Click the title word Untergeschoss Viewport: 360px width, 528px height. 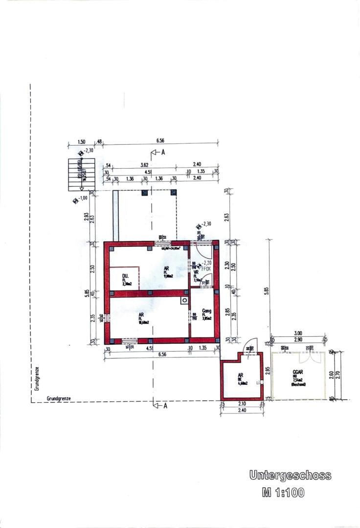(x=290, y=475)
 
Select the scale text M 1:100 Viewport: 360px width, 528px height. (x=283, y=493)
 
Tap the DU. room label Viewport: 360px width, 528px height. (x=125, y=277)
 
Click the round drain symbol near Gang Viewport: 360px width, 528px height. (x=184, y=301)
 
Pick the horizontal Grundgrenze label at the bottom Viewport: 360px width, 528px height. (x=59, y=398)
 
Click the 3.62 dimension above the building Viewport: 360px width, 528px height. (x=144, y=165)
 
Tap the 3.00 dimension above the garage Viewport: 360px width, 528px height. (x=298, y=332)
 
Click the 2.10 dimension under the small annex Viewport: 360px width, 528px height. (x=242, y=405)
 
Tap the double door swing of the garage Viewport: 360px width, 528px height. (x=308, y=350)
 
